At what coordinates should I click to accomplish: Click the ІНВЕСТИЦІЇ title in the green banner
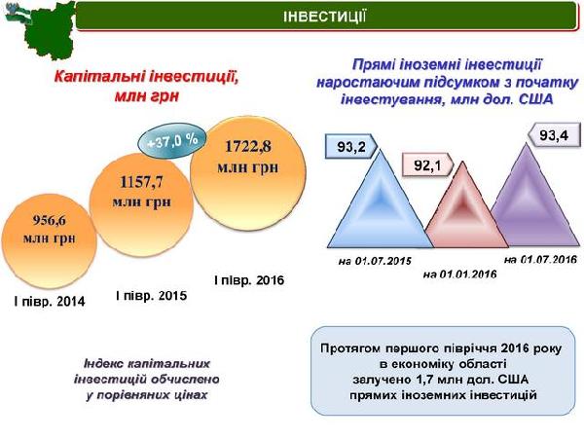(x=324, y=17)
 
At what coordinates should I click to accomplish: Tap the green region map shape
(x=49, y=32)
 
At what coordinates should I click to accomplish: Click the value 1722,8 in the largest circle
(x=247, y=146)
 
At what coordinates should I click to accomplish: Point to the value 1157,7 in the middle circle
(x=141, y=182)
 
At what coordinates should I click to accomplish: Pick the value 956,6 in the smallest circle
(x=50, y=221)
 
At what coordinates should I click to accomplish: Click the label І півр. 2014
(x=50, y=301)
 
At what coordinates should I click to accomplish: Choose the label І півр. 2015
(x=151, y=296)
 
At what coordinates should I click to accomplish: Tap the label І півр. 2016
(x=249, y=280)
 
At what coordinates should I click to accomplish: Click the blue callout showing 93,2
(x=350, y=146)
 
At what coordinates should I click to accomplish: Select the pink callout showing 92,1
(x=427, y=165)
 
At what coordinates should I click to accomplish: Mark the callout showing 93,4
(x=555, y=135)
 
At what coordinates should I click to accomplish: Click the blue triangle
(x=381, y=208)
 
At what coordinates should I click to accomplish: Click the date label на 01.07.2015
(x=375, y=261)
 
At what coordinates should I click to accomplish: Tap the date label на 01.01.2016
(x=460, y=274)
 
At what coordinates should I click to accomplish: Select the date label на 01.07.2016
(x=540, y=259)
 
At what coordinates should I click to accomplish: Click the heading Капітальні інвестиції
(x=146, y=77)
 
